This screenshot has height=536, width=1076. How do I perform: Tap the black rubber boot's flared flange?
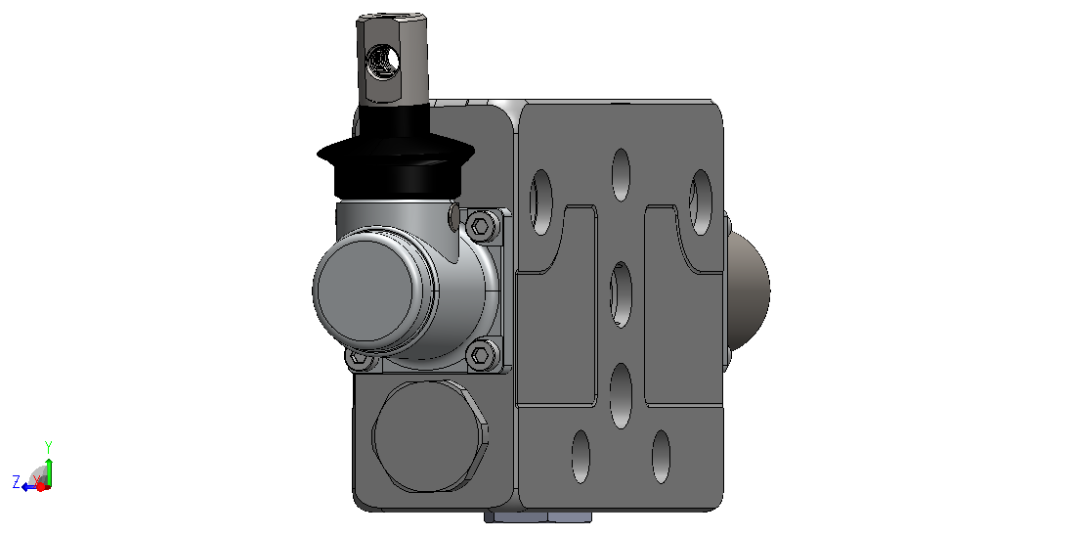click(395, 156)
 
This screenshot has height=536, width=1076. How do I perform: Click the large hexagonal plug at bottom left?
click(431, 435)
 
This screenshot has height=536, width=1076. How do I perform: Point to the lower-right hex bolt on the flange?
click(482, 355)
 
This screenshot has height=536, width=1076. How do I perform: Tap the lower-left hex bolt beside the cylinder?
click(359, 358)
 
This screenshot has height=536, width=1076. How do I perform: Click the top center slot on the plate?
click(621, 174)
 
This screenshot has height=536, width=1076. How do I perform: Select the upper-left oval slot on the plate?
click(540, 201)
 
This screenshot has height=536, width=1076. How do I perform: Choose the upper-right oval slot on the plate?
click(700, 202)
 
